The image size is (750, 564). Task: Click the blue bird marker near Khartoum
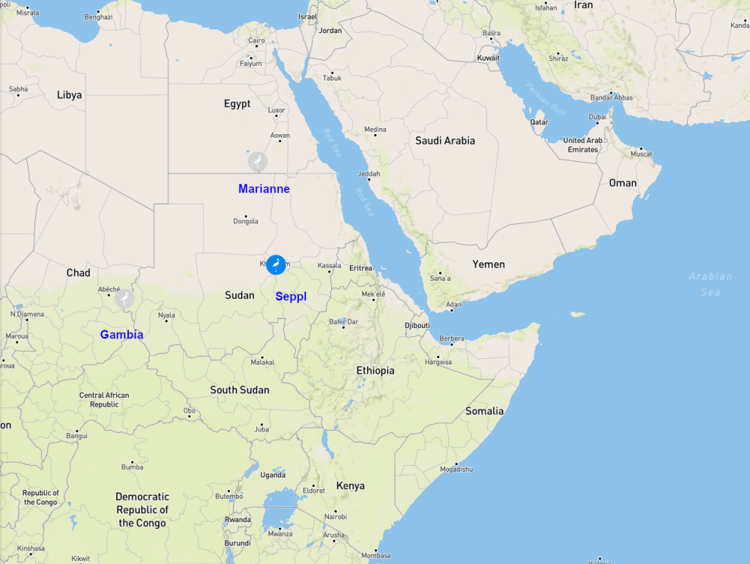(x=276, y=264)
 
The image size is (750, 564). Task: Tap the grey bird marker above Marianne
(x=257, y=161)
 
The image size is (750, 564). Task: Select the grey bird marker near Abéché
(x=125, y=298)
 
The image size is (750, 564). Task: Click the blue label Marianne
(x=264, y=189)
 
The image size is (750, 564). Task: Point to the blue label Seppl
(x=291, y=296)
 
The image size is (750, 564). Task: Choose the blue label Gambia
(x=122, y=335)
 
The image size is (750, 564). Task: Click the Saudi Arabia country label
(x=445, y=141)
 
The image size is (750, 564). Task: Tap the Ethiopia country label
(x=375, y=371)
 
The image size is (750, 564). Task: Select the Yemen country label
(x=489, y=264)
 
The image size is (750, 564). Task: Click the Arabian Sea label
(x=710, y=284)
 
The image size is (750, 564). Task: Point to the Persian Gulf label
(x=546, y=99)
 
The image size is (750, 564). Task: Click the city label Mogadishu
(x=456, y=469)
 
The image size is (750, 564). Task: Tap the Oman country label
(x=623, y=183)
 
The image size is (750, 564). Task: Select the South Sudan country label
(x=240, y=390)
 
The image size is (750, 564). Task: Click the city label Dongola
(x=245, y=221)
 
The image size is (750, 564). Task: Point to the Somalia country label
(x=484, y=411)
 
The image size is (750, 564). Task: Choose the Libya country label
(x=70, y=95)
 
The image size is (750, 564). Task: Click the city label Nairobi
(x=335, y=516)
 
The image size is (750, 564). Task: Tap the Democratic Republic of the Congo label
(x=142, y=510)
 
